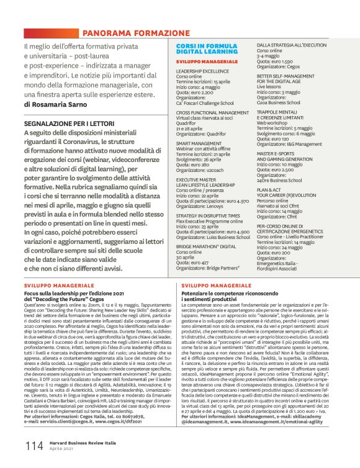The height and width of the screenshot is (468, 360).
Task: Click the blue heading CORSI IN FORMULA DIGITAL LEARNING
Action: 205,50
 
